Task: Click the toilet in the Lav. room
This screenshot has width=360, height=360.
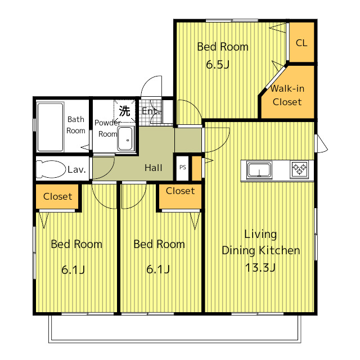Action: click(51, 169)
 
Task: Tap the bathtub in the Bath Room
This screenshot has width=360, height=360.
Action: click(50, 127)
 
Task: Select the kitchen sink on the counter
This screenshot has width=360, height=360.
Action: click(259, 170)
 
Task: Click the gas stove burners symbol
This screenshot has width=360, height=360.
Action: click(299, 169)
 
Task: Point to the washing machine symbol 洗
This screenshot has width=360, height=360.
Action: click(124, 111)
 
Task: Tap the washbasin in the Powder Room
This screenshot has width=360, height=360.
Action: click(125, 139)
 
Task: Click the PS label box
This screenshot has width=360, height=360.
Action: click(182, 168)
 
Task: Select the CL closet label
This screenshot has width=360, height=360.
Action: click(301, 43)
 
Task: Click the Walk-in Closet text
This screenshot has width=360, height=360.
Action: click(287, 95)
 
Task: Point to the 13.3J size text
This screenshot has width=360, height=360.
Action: click(260, 268)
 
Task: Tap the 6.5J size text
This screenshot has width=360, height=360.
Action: click(218, 65)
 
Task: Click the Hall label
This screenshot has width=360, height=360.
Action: click(154, 168)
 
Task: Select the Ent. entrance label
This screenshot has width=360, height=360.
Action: click(151, 111)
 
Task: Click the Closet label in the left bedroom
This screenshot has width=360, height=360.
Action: click(57, 196)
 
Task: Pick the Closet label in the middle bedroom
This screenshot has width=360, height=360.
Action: click(180, 191)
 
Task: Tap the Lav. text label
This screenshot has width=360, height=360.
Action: click(76, 169)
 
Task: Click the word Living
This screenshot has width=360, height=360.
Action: click(260, 235)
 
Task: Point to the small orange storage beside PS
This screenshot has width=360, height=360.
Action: click(196, 168)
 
